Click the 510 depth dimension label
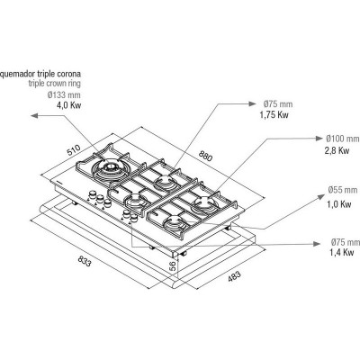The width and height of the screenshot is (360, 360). [x=74, y=150]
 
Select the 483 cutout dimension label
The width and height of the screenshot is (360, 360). [x=234, y=276]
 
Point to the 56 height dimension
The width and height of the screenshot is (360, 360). [x=173, y=266]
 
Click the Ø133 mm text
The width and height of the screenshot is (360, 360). [x=64, y=95]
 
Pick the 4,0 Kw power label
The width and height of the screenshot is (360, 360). [x=68, y=105]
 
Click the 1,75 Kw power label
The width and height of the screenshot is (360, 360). [x=274, y=115]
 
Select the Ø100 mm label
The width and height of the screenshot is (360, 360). [x=342, y=139]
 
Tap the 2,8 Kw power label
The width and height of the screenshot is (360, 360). [x=337, y=150]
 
